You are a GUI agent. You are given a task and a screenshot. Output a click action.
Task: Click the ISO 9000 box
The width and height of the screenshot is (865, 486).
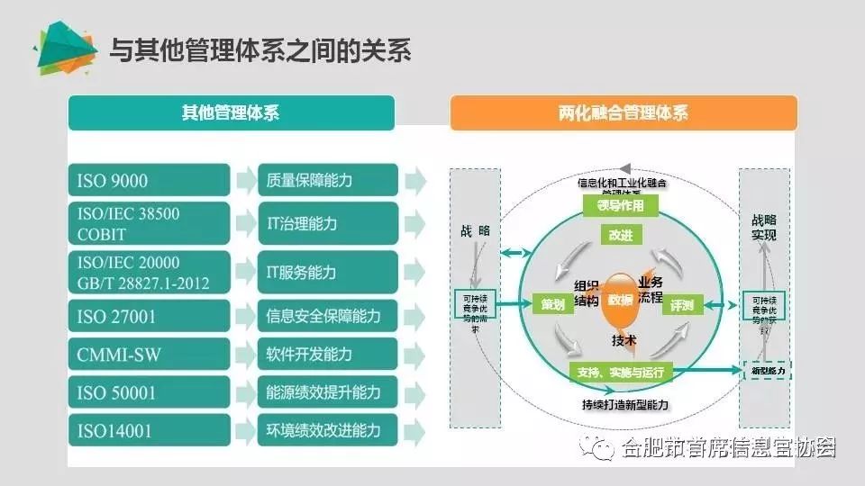click(x=149, y=180)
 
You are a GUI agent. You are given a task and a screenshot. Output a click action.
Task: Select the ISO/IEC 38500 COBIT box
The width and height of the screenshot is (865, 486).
click(x=149, y=223)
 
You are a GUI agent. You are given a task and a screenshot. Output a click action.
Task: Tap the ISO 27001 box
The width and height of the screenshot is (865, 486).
click(x=149, y=316)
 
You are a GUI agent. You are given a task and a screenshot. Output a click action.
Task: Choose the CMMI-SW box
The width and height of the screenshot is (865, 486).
click(x=149, y=355)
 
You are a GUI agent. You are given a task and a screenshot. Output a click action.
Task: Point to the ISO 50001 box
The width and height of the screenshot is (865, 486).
click(x=149, y=392)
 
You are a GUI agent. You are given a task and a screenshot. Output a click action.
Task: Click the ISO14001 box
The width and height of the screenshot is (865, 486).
click(x=149, y=430)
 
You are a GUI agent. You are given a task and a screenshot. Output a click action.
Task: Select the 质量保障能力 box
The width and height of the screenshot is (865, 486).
click(x=327, y=180)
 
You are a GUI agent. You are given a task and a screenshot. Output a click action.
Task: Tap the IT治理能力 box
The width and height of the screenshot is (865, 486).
click(x=327, y=223)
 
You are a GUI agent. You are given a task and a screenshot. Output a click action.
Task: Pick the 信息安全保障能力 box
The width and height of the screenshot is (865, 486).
click(x=327, y=316)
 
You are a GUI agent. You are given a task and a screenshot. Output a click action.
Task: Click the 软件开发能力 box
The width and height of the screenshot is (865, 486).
click(x=327, y=355)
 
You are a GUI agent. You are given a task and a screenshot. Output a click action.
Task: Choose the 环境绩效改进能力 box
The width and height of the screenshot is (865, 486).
click(x=327, y=430)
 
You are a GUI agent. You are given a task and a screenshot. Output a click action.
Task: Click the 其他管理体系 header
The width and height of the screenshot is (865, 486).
click(x=231, y=113)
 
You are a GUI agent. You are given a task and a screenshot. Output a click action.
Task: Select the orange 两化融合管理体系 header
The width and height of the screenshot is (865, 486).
click(x=624, y=113)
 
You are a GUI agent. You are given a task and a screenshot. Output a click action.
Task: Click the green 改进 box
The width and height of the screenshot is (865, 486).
click(x=621, y=235)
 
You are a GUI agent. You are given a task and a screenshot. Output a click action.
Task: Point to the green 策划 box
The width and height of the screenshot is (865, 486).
click(x=552, y=304)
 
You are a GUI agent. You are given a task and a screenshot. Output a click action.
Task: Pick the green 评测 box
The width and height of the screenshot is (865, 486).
click(x=681, y=305)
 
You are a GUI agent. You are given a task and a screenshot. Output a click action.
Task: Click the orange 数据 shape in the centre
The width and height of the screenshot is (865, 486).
click(x=619, y=301)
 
